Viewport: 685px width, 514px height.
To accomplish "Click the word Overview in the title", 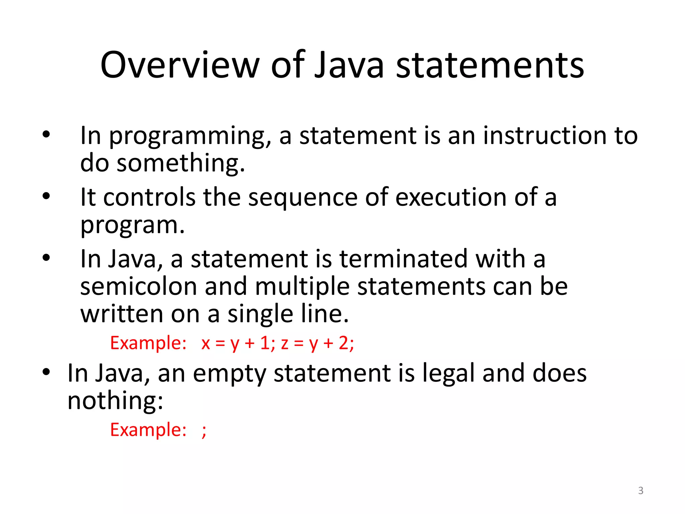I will [x=180, y=65].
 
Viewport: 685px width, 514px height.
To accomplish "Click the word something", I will [x=181, y=163].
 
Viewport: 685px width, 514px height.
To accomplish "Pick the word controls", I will [x=149, y=197].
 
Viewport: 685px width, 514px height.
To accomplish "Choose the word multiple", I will [x=302, y=287].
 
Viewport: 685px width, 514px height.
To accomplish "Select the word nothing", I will [x=115, y=401].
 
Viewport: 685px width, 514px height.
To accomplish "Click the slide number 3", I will [x=641, y=491].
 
